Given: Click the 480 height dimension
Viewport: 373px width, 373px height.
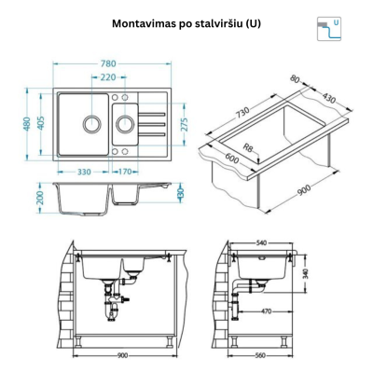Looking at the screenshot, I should coord(28,123).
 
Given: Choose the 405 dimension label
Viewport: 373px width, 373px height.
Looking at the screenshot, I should coord(43,123).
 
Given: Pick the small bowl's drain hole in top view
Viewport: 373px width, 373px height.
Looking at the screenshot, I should coord(123,122).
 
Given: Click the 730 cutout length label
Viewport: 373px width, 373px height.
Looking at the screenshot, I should coord(242,110).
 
